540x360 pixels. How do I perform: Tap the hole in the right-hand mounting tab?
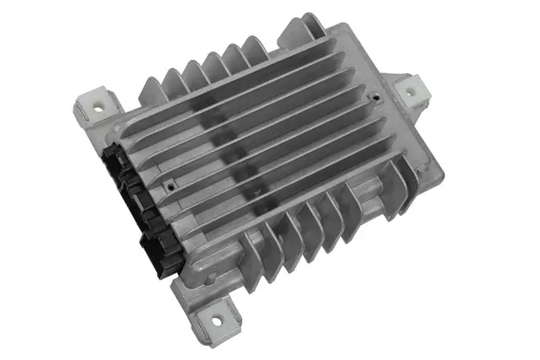coord(411,93)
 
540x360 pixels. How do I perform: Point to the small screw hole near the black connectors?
coord(171,179)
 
